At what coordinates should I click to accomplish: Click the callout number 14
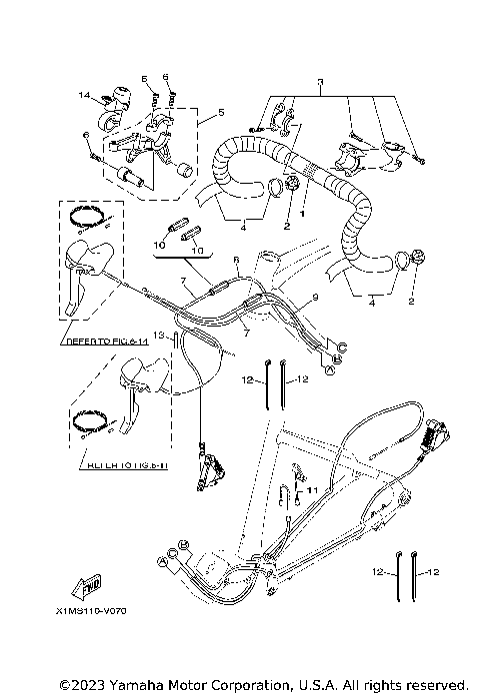point(85,95)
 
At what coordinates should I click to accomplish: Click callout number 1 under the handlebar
point(302,212)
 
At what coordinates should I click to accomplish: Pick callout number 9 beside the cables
point(313,298)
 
